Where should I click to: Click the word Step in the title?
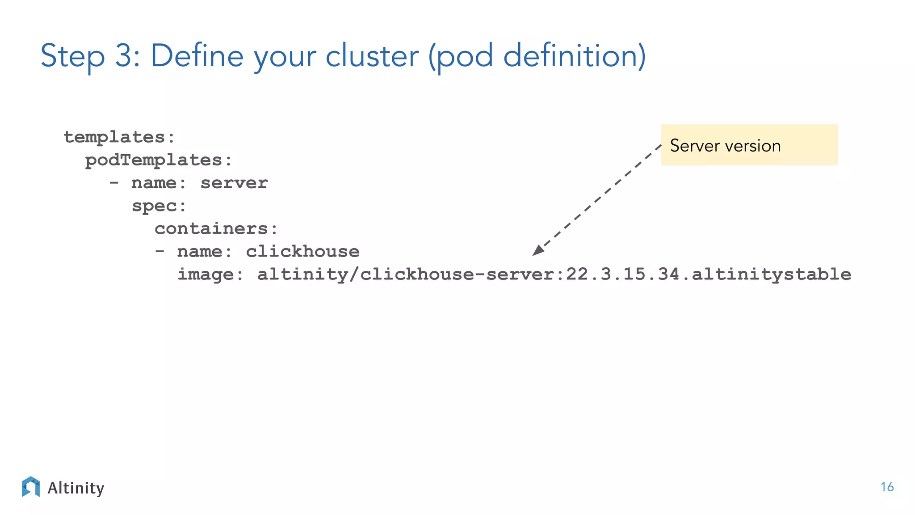point(73,57)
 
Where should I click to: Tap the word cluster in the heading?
point(372,56)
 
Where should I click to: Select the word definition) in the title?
point(574,56)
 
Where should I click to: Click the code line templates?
point(119,137)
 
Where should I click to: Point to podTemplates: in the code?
point(159,160)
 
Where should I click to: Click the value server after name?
point(234,183)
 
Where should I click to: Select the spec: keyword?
point(159,206)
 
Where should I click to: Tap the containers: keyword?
point(216,229)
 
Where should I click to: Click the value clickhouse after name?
point(302,252)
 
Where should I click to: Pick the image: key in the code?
point(210,274)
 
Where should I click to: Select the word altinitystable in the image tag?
point(772,274)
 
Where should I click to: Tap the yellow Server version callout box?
point(749,145)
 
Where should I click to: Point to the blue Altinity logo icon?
point(31,487)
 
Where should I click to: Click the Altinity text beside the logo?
point(76,488)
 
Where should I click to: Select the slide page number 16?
point(887,487)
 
